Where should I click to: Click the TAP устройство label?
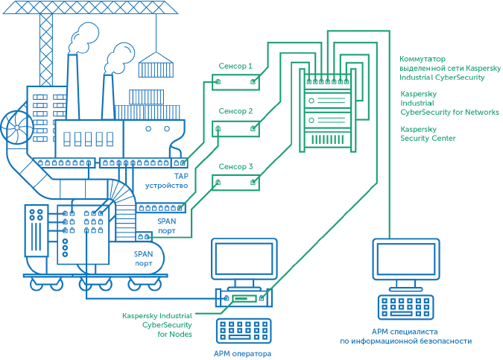(x=171, y=181)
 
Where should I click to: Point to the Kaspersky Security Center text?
(x=428, y=133)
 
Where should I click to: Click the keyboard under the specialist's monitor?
(x=407, y=307)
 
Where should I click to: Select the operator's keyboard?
(x=244, y=331)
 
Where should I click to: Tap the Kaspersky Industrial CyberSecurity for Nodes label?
(x=157, y=325)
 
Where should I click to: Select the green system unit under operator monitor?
(x=244, y=298)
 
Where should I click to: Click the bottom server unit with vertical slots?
(x=327, y=139)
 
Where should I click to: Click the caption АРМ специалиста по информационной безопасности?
(x=406, y=336)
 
